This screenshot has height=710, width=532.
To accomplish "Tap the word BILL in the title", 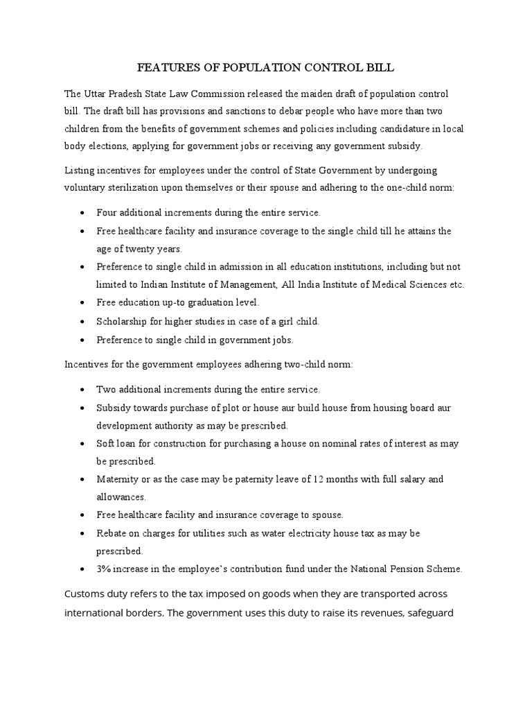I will pyautogui.click(x=378, y=67).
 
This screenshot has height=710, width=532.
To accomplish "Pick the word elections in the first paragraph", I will pyautogui.click(x=109, y=146).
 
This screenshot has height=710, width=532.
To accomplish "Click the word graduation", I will pyautogui.click(x=199, y=303).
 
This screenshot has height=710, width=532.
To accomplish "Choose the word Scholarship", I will pyautogui.click(x=121, y=322).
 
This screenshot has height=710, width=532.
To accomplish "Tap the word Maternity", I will pyautogui.click(x=117, y=479).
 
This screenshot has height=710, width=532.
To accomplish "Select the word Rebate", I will pyautogui.click(x=112, y=533).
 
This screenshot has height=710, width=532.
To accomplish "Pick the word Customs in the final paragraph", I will pyautogui.click(x=85, y=595).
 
